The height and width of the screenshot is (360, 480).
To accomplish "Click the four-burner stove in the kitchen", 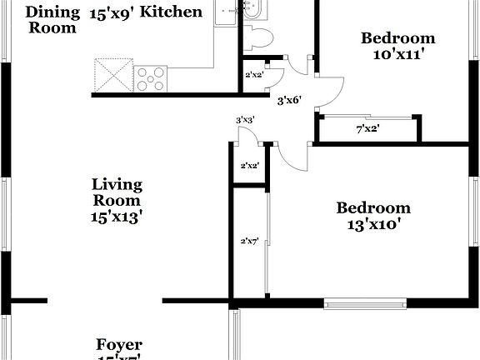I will [x=152, y=78].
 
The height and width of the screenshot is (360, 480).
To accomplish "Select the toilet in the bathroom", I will [x=261, y=37].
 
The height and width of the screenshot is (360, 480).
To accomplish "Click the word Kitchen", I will [x=172, y=12].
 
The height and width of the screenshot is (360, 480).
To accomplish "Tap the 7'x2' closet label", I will [x=367, y=129].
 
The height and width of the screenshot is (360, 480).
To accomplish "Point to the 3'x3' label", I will [x=244, y=120].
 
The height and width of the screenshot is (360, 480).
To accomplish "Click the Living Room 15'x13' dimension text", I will [x=117, y=217].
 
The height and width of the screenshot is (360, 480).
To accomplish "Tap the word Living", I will [x=117, y=184].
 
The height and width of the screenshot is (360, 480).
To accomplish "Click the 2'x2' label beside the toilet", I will [x=253, y=75].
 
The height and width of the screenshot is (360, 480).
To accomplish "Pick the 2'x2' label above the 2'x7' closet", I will [x=249, y=166].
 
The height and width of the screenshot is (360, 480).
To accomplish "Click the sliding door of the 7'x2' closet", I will [x=367, y=117].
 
